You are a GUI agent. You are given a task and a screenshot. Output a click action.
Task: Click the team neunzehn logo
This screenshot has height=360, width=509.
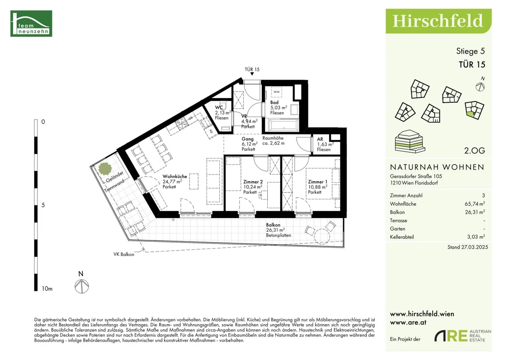pyautogui.click(x=31, y=23)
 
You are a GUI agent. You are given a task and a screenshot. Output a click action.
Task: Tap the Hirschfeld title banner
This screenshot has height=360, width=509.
pyautogui.click(x=439, y=21)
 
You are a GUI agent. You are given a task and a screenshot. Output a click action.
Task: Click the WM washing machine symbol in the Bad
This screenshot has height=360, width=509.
pyautogui.click(x=277, y=92)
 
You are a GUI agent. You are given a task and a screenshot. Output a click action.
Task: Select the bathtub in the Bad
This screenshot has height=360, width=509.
pyautogui.click(x=284, y=126)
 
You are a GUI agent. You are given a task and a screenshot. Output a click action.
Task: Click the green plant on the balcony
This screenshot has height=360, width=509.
pyautogui.click(x=105, y=169)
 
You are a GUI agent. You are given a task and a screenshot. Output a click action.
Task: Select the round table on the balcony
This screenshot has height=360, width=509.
pyautogui.click(x=322, y=237)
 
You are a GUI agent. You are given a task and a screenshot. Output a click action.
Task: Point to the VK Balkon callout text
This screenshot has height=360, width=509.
pyautogui.click(x=124, y=254)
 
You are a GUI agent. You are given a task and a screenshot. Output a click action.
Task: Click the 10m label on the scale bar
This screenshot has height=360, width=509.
pyautogui.click(x=47, y=289)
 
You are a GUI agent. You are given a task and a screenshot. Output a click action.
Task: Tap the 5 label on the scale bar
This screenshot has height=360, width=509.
pyautogui.click(x=43, y=205)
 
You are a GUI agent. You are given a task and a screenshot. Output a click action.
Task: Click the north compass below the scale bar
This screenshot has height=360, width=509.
pyautogui.click(x=81, y=286)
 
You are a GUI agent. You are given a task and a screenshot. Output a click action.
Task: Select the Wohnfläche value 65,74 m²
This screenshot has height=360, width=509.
pyautogui.click(x=475, y=204)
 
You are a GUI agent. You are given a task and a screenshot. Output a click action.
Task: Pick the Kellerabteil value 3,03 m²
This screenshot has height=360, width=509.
pyautogui.click(x=476, y=237)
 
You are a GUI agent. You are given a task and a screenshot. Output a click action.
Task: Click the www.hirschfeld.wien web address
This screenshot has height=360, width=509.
pyautogui.click(x=422, y=314)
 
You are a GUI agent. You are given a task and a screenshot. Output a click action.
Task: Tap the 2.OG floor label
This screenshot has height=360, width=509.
pyautogui.click(x=475, y=151)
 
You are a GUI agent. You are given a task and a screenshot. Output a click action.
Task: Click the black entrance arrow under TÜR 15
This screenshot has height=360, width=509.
pyautogui.click(x=252, y=74)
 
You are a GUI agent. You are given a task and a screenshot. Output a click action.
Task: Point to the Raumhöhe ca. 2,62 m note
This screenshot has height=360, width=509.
pyautogui.click(x=273, y=141)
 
